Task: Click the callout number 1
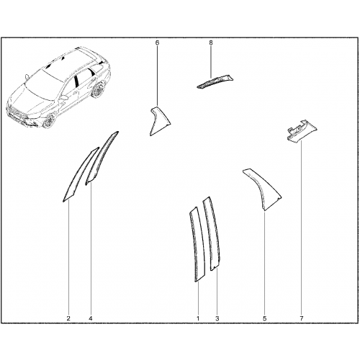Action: (198, 318)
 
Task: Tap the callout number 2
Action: (68, 318)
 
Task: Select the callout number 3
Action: (217, 318)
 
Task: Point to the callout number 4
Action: (91, 318)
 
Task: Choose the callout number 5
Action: (265, 318)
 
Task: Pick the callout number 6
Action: (157, 42)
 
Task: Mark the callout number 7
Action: (302, 318)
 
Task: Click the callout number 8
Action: (211, 42)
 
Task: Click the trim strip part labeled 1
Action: (197, 245)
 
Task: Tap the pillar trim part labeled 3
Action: (212, 234)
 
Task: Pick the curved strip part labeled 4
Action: (101, 157)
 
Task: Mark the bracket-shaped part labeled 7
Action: (301, 131)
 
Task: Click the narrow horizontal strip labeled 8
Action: (215, 81)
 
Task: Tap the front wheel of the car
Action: (50, 120)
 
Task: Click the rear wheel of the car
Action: (98, 90)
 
